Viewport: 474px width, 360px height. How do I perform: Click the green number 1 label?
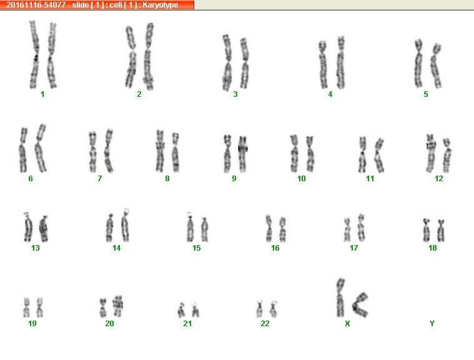[42, 94]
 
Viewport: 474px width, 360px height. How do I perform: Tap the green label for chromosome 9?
[234, 179]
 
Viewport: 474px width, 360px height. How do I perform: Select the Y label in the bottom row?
[432, 323]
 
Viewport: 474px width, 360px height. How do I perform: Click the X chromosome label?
[347, 323]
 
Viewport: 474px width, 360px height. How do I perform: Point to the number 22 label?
[265, 323]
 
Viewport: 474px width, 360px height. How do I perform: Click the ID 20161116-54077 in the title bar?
[36, 5]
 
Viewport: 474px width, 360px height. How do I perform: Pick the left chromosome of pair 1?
[34, 54]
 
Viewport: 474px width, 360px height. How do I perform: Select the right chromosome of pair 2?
[148, 57]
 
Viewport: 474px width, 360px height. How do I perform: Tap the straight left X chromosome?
[340, 297]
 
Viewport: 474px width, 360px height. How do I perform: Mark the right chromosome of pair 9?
[243, 154]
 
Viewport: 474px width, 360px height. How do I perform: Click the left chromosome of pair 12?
[430, 153]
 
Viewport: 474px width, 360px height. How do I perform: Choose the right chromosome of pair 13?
[44, 229]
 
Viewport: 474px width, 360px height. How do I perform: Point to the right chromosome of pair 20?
[117, 306]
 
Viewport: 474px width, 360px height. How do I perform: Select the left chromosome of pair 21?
[181, 310]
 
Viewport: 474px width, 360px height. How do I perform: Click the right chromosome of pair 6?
[41, 148]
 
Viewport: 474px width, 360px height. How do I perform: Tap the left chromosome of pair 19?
[27, 307]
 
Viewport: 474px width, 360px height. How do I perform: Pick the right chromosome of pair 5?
[436, 66]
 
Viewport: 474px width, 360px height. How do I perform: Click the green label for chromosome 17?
[353, 248]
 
